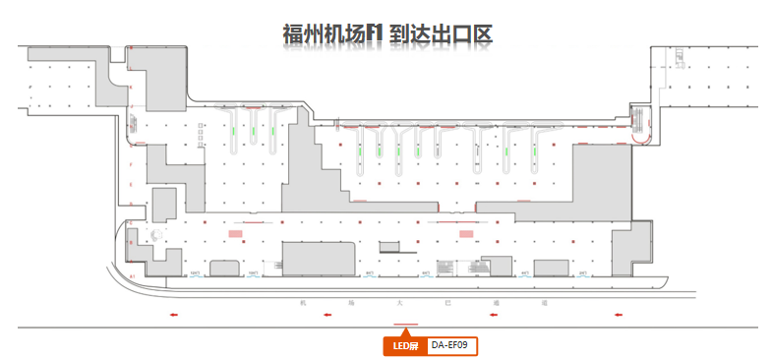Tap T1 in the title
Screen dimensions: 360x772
click(x=374, y=34)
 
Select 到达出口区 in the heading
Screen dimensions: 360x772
click(x=440, y=34)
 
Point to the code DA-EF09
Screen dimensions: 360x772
click(x=451, y=345)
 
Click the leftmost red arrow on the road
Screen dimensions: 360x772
click(x=174, y=315)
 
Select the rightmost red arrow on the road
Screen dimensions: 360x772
click(x=618, y=315)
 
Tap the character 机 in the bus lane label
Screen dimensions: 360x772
click(x=305, y=303)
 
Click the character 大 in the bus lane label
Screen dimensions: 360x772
click(x=398, y=303)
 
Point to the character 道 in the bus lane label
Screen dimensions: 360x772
click(x=494, y=303)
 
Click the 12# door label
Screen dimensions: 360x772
click(x=195, y=272)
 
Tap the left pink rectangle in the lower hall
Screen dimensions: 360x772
click(x=236, y=234)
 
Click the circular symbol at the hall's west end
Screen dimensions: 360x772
click(x=154, y=234)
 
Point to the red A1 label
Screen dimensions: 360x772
click(x=131, y=278)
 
